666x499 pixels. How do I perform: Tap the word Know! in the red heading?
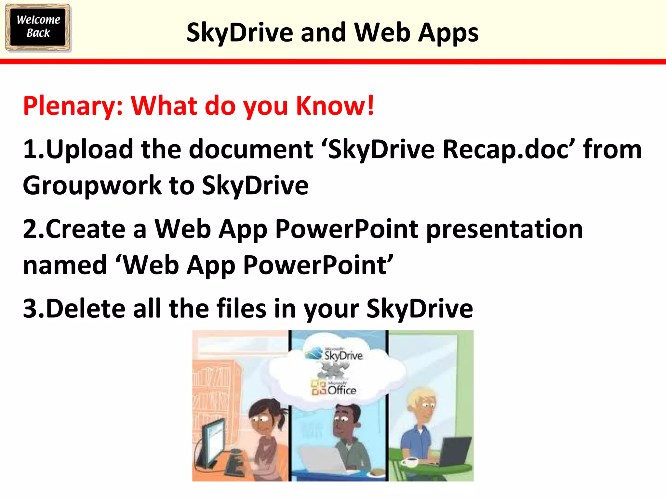[335, 106]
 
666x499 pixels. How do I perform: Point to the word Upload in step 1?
[89, 150]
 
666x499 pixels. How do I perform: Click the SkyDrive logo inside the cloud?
[335, 354]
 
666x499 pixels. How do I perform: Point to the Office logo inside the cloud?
[334, 388]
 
